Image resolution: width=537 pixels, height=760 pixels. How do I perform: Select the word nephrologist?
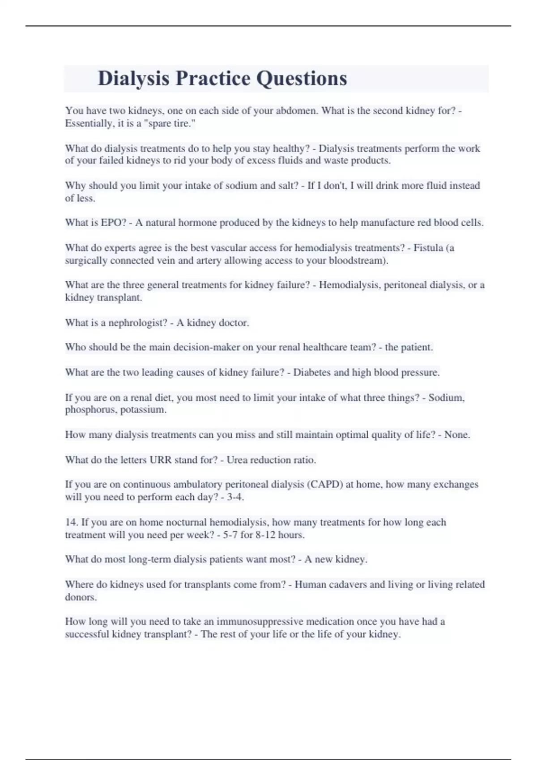click(x=138, y=322)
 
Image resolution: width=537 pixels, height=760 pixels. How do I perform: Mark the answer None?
click(x=457, y=435)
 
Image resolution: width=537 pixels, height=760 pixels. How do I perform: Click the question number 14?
click(x=72, y=522)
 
